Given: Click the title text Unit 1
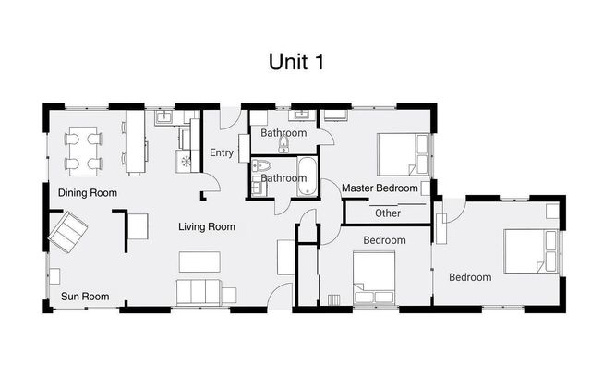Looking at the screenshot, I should [x=295, y=62].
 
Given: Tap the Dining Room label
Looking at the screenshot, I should [x=88, y=192].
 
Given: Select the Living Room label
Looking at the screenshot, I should [x=207, y=226].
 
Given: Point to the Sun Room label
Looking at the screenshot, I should [x=85, y=297].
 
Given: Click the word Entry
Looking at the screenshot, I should [x=222, y=153].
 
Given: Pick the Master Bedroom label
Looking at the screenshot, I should [x=380, y=188].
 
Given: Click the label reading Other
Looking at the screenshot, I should [x=388, y=213].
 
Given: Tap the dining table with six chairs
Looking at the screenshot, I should [x=83, y=151].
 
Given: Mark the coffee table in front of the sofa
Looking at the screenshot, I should [x=199, y=261].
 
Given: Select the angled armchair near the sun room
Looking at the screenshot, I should [x=68, y=232].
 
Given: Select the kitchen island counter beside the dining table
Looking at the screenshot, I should [x=135, y=142].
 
